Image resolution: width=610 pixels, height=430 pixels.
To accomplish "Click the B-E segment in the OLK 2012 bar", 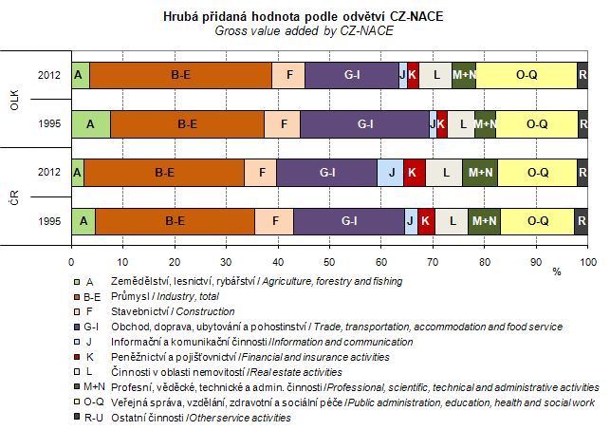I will (180, 74).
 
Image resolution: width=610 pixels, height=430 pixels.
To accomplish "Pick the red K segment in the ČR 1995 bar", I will (426, 221).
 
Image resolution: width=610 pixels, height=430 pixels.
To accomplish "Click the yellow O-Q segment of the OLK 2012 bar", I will (526, 74).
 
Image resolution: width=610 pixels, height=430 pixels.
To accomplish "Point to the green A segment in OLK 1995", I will (91, 123).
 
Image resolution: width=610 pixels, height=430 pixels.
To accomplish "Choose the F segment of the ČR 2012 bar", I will (261, 172).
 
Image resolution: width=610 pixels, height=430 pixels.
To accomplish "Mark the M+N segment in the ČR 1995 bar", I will (484, 221).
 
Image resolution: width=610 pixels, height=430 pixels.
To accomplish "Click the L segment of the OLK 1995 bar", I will (460, 123).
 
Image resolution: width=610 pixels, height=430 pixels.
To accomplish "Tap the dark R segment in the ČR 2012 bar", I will (582, 172).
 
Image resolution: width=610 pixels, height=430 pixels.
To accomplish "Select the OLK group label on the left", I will (13, 99).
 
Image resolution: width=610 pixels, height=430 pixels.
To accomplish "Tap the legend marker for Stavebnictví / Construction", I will (76, 311).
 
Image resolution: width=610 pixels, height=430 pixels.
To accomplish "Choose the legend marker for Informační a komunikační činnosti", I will (76, 342).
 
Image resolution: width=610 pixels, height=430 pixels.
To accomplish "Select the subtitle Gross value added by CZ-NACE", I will (304, 30).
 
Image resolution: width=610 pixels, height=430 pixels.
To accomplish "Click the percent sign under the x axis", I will (557, 271).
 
